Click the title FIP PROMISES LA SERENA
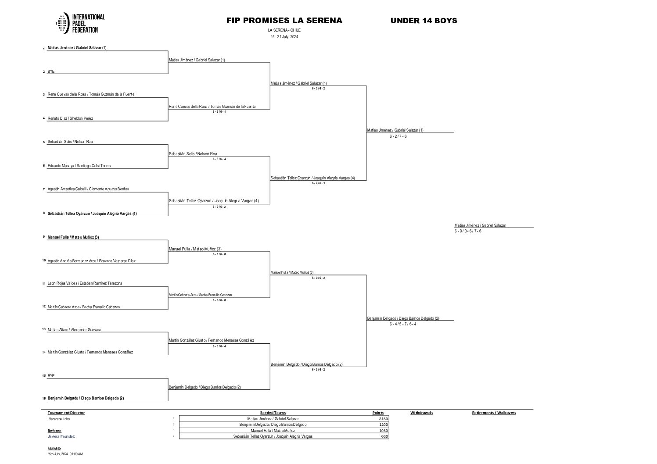[x=284, y=21]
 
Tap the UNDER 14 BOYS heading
[x=424, y=21]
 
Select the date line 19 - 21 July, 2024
[x=284, y=37]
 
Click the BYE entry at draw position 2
[x=51, y=71]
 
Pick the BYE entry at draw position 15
[x=51, y=376]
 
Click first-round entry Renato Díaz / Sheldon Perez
[x=70, y=118]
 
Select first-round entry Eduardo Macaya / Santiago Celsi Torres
[x=79, y=166]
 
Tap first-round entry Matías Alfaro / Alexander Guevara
[x=74, y=330]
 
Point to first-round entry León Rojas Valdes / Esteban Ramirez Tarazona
[x=85, y=283]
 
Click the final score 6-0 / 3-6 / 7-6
[x=468, y=231]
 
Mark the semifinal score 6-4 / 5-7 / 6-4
[x=402, y=324]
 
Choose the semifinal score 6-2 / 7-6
[x=398, y=136]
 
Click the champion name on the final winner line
[x=480, y=225]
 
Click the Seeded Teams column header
[x=273, y=413]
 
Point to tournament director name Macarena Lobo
[x=59, y=419]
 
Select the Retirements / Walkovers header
[x=494, y=413]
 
